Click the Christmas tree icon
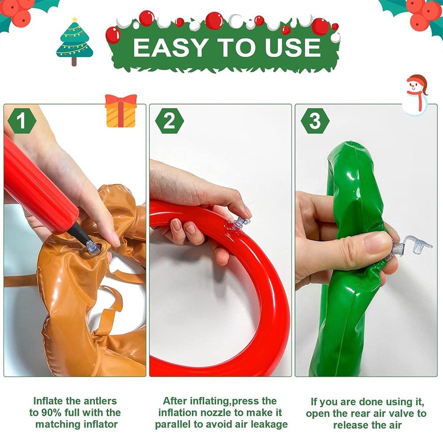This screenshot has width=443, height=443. coord(74,42)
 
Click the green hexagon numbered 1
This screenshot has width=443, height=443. coord(22,121)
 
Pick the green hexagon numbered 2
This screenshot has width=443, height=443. coord(169,121)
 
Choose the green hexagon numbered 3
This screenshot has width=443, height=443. coord(315,121)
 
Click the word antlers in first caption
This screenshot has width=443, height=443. coord(99,401)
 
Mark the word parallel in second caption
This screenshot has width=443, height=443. coord(174,424)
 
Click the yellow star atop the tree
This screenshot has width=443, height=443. coord(74,20)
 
